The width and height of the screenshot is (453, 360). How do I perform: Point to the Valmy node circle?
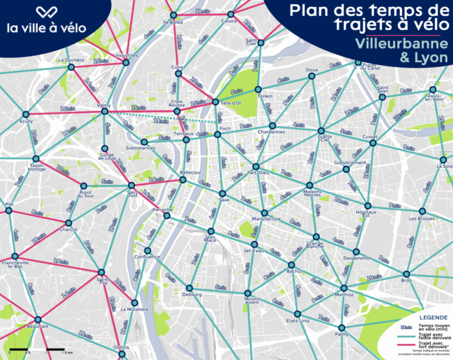[104, 111]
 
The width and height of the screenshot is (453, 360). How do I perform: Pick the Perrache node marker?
[167, 216]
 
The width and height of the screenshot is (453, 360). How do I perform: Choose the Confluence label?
[147, 257]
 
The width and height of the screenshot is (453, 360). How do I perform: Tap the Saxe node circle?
[223, 194]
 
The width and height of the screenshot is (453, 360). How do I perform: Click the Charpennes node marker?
[272, 125]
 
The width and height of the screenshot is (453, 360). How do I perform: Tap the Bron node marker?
[406, 273]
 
